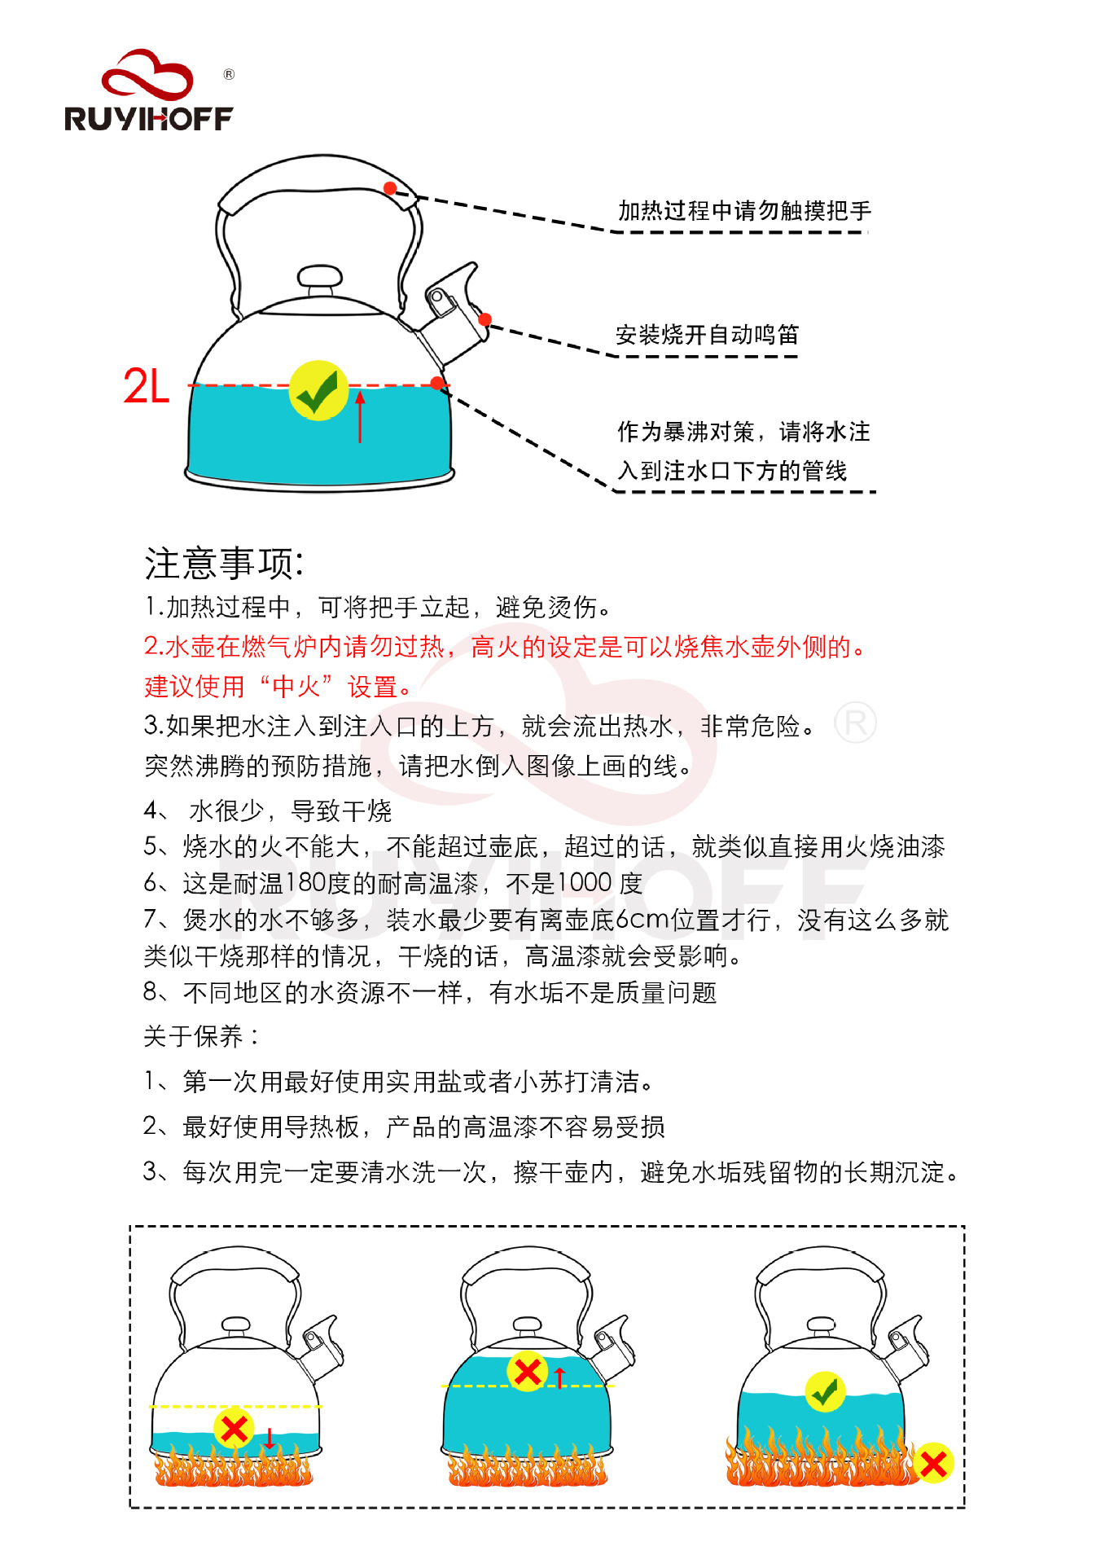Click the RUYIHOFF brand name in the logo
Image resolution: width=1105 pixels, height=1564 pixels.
149,119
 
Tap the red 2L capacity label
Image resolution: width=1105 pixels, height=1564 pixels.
147,386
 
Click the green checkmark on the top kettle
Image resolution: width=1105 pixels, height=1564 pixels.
318,391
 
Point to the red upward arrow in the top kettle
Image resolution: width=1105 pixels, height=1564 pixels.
360,416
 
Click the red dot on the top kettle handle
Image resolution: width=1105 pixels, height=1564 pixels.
390,189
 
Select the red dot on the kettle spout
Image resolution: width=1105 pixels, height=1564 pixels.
485,319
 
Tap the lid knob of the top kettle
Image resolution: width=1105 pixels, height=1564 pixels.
320,279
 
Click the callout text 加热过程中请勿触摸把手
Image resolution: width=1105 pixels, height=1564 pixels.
744,211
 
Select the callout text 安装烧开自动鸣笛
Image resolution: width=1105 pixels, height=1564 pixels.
707,335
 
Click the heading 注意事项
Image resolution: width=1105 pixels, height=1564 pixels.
224,563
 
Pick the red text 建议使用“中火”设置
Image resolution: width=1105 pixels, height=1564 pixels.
277,687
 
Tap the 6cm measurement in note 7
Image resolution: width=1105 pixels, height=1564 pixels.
642,920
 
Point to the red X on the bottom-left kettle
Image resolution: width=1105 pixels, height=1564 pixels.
234,1427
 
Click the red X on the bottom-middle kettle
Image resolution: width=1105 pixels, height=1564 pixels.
527,1371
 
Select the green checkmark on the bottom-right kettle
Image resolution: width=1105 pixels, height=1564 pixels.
825,1391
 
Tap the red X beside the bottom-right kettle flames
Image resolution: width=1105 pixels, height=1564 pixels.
933,1464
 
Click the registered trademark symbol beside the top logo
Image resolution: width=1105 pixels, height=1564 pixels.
229,75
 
